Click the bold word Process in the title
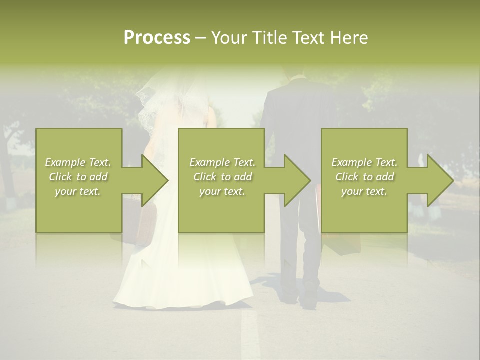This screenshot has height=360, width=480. click(x=157, y=38)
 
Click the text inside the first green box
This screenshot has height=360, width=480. click(x=78, y=177)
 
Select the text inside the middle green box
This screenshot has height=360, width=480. click(x=222, y=177)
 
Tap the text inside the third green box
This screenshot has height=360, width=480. click(x=364, y=177)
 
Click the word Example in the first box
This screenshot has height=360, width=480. click(x=64, y=162)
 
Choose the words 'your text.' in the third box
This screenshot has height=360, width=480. click(x=364, y=191)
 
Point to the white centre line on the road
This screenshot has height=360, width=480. click(x=250, y=335)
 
